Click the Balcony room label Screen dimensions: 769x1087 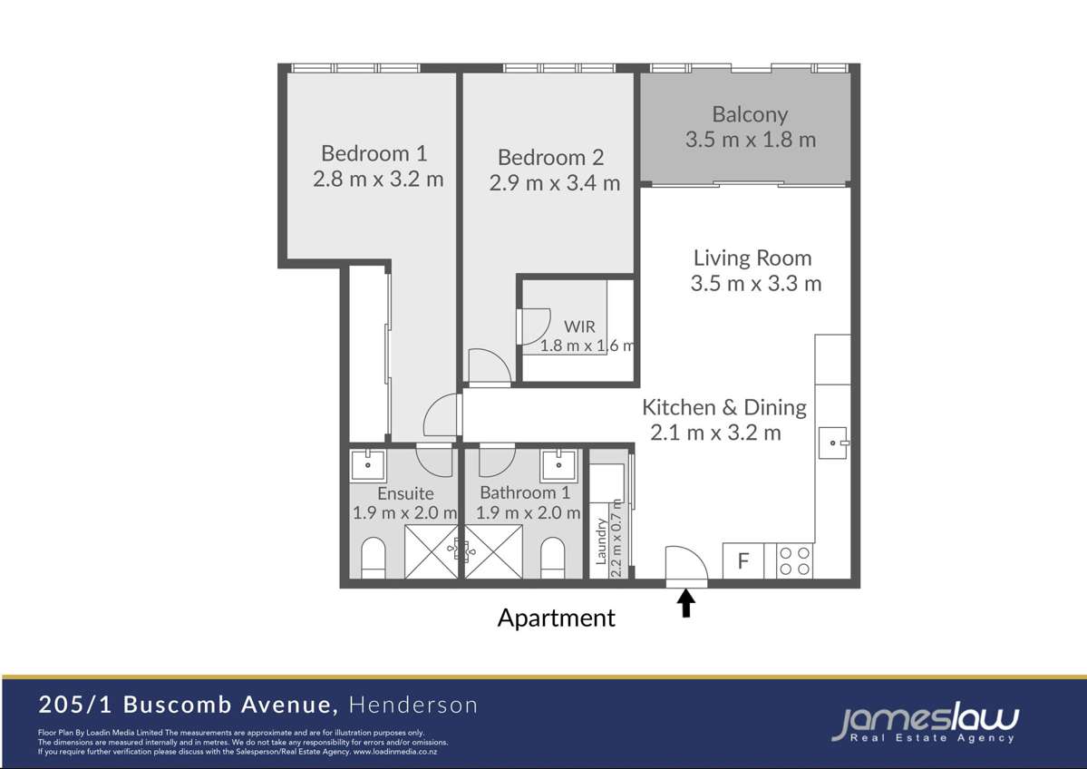click(x=749, y=115)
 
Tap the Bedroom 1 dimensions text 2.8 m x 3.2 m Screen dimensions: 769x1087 click(x=378, y=179)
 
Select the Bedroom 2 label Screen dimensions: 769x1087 click(x=550, y=158)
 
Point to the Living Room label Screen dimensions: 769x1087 click(x=752, y=258)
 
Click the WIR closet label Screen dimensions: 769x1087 click(x=579, y=326)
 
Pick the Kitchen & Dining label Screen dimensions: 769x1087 click(x=724, y=407)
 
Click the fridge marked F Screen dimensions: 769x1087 click(x=743, y=561)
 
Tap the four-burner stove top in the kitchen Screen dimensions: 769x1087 click(x=794, y=560)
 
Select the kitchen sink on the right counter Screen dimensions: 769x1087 click(x=831, y=443)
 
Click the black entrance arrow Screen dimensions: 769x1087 click(x=686, y=603)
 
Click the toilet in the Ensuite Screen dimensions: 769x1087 click(x=374, y=559)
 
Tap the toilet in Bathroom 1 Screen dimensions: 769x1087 click(x=553, y=559)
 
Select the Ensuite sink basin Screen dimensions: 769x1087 click(x=369, y=465)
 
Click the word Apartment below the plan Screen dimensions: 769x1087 click(x=556, y=618)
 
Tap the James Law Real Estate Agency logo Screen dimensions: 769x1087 click(x=925, y=724)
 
